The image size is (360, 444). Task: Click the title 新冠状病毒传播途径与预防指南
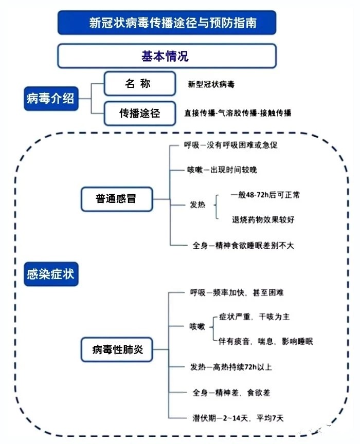tap(167, 23)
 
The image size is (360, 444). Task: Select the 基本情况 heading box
tap(167, 55)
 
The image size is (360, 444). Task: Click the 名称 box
tap(136, 84)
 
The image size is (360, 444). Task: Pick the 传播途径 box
tap(136, 113)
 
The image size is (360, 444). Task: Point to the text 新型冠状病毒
tap(211, 84)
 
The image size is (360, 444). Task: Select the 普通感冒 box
tap(117, 198)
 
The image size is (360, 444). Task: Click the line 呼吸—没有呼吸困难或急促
tap(231, 145)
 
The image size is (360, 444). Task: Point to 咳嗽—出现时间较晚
tap(222, 170)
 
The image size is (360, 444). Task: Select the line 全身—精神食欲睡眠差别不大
tap(240, 245)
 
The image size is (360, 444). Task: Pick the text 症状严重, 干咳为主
tap(254, 317)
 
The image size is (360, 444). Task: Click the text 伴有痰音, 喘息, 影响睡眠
tap(266, 341)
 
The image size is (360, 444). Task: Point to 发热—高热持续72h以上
tap(230, 367)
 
